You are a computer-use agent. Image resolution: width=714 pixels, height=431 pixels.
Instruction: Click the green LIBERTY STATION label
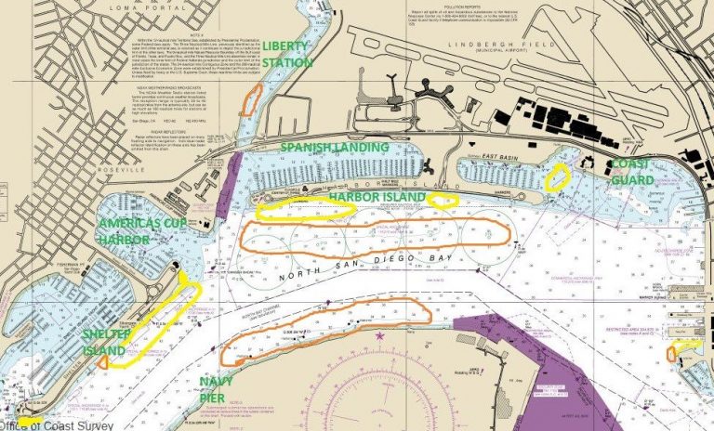288,54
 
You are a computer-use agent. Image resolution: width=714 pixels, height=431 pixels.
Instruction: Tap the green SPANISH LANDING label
335,148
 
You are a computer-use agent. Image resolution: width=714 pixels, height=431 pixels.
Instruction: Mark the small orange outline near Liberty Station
248,100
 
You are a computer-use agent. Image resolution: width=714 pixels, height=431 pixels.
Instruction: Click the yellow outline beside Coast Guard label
558,176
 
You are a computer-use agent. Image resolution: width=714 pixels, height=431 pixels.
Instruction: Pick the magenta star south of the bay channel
379,334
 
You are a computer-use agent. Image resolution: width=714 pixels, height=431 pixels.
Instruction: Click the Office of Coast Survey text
56,424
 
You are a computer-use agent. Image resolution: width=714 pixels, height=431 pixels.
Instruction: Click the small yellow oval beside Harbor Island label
442,199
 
